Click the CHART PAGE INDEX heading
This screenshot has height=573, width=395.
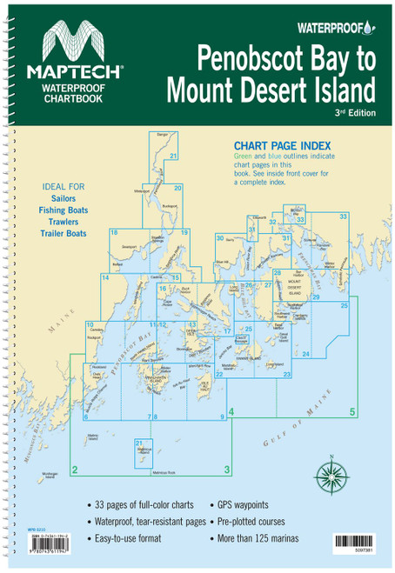277,150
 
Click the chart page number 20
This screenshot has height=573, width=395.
177,188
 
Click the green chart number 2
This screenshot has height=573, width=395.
76,470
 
